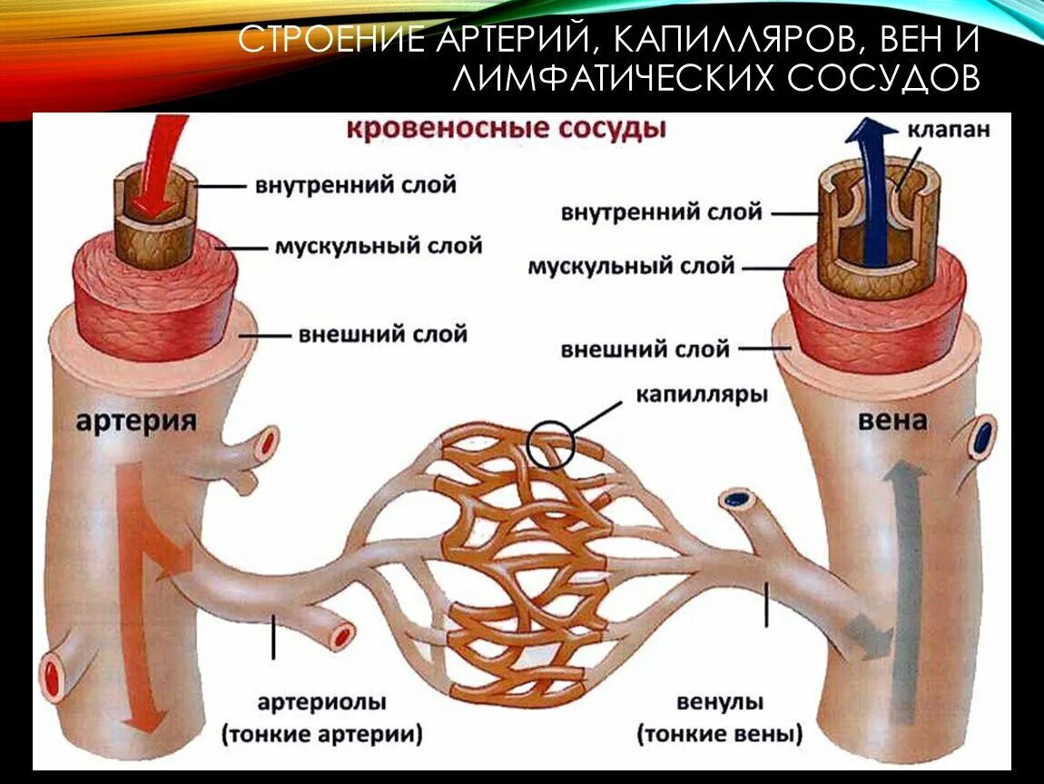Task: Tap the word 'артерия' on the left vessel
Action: pyautogui.click(x=136, y=421)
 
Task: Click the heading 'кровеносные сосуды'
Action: pyautogui.click(x=506, y=129)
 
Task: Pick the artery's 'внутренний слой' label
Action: pyautogui.click(x=355, y=185)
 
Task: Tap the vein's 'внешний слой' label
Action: pyautogui.click(x=645, y=348)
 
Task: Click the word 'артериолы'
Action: pyautogui.click(x=322, y=703)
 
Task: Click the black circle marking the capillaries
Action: pyautogui.click(x=551, y=444)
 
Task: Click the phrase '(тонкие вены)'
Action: pyautogui.click(x=720, y=734)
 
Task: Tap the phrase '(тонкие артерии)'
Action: pyautogui.click(x=322, y=734)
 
